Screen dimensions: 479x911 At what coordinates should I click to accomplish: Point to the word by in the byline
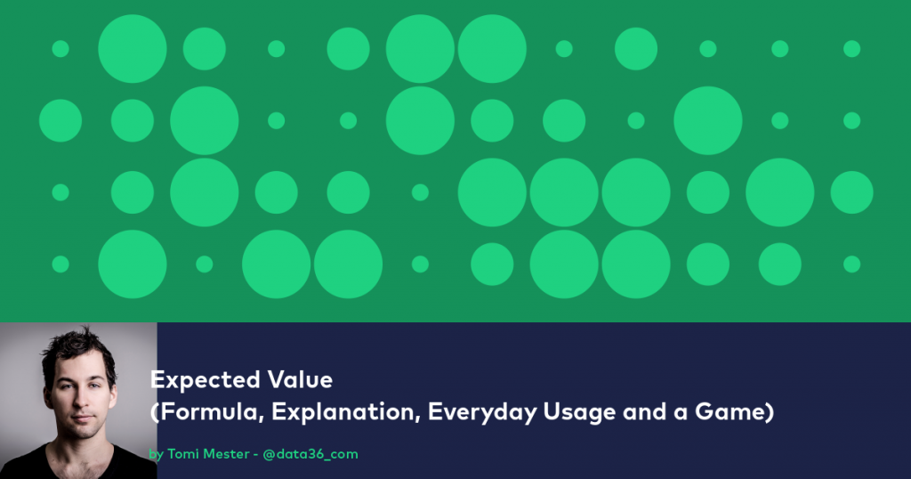pos(157,455)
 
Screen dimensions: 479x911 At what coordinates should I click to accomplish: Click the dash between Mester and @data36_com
pos(254,454)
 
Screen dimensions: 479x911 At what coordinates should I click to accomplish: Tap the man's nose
pos(81,403)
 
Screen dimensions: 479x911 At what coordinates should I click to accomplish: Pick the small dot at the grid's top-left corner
pos(60,48)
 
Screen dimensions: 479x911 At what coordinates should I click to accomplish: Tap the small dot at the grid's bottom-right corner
pos(851,264)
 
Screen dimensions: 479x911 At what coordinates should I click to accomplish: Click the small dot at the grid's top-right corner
pos(851,48)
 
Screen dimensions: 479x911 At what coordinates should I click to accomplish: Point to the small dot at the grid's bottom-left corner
pos(60,264)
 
